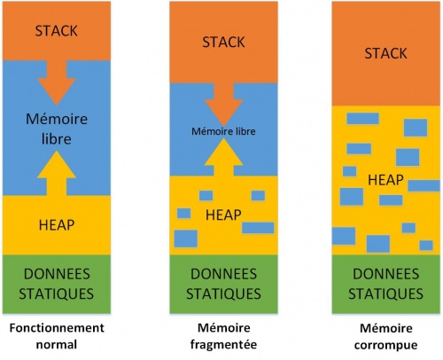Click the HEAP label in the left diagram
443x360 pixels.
57,223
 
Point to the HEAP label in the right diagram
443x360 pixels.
386,180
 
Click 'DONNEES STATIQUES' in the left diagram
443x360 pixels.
57,284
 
